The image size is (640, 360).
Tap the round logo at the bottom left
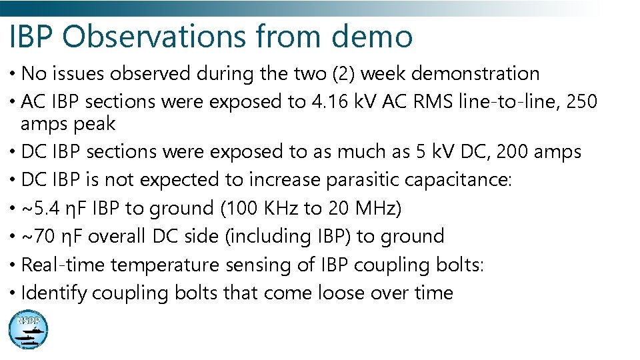(x=28, y=330)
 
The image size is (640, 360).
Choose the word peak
(x=97, y=123)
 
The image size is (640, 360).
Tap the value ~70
(x=39, y=237)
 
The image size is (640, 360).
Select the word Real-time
(x=63, y=265)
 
